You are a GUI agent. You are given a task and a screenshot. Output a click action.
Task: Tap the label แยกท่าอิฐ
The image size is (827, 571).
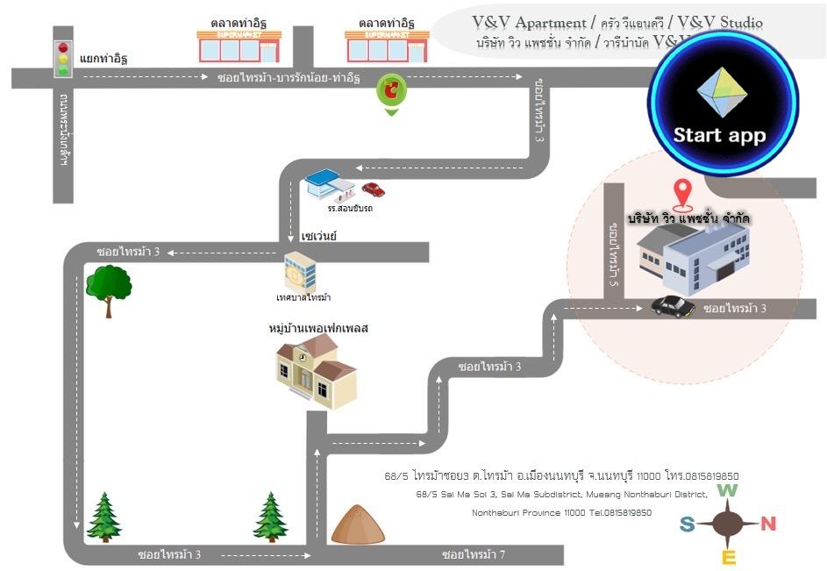coord(103,60)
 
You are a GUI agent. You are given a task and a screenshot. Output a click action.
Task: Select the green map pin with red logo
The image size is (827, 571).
coord(391,91)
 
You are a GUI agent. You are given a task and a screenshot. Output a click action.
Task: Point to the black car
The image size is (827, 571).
coord(674,306)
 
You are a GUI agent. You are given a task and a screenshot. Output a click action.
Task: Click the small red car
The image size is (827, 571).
coord(374,189)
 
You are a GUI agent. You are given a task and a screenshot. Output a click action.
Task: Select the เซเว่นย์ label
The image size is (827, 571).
coord(318,237)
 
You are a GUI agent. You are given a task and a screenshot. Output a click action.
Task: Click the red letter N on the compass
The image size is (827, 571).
coord(768,525)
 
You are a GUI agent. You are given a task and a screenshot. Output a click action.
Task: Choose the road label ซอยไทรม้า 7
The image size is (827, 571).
coord(474,554)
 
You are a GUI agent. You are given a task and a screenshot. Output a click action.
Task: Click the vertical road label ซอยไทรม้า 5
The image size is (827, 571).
coord(614,254)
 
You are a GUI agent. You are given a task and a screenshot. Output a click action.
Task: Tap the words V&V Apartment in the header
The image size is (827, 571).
coord(529,23)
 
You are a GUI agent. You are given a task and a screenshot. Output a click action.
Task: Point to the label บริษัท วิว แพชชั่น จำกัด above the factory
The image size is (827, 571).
coord(694,217)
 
